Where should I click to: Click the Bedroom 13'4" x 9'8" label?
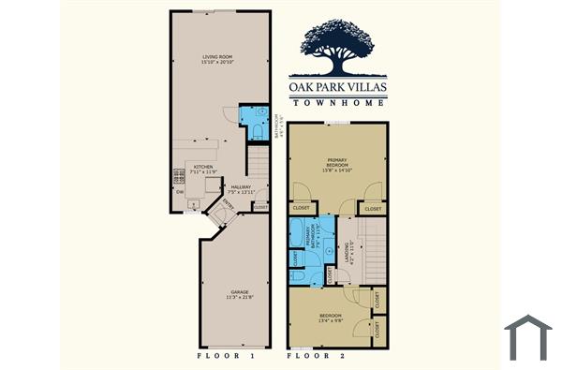click(332, 318)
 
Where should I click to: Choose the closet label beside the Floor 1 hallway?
click(260, 207)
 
